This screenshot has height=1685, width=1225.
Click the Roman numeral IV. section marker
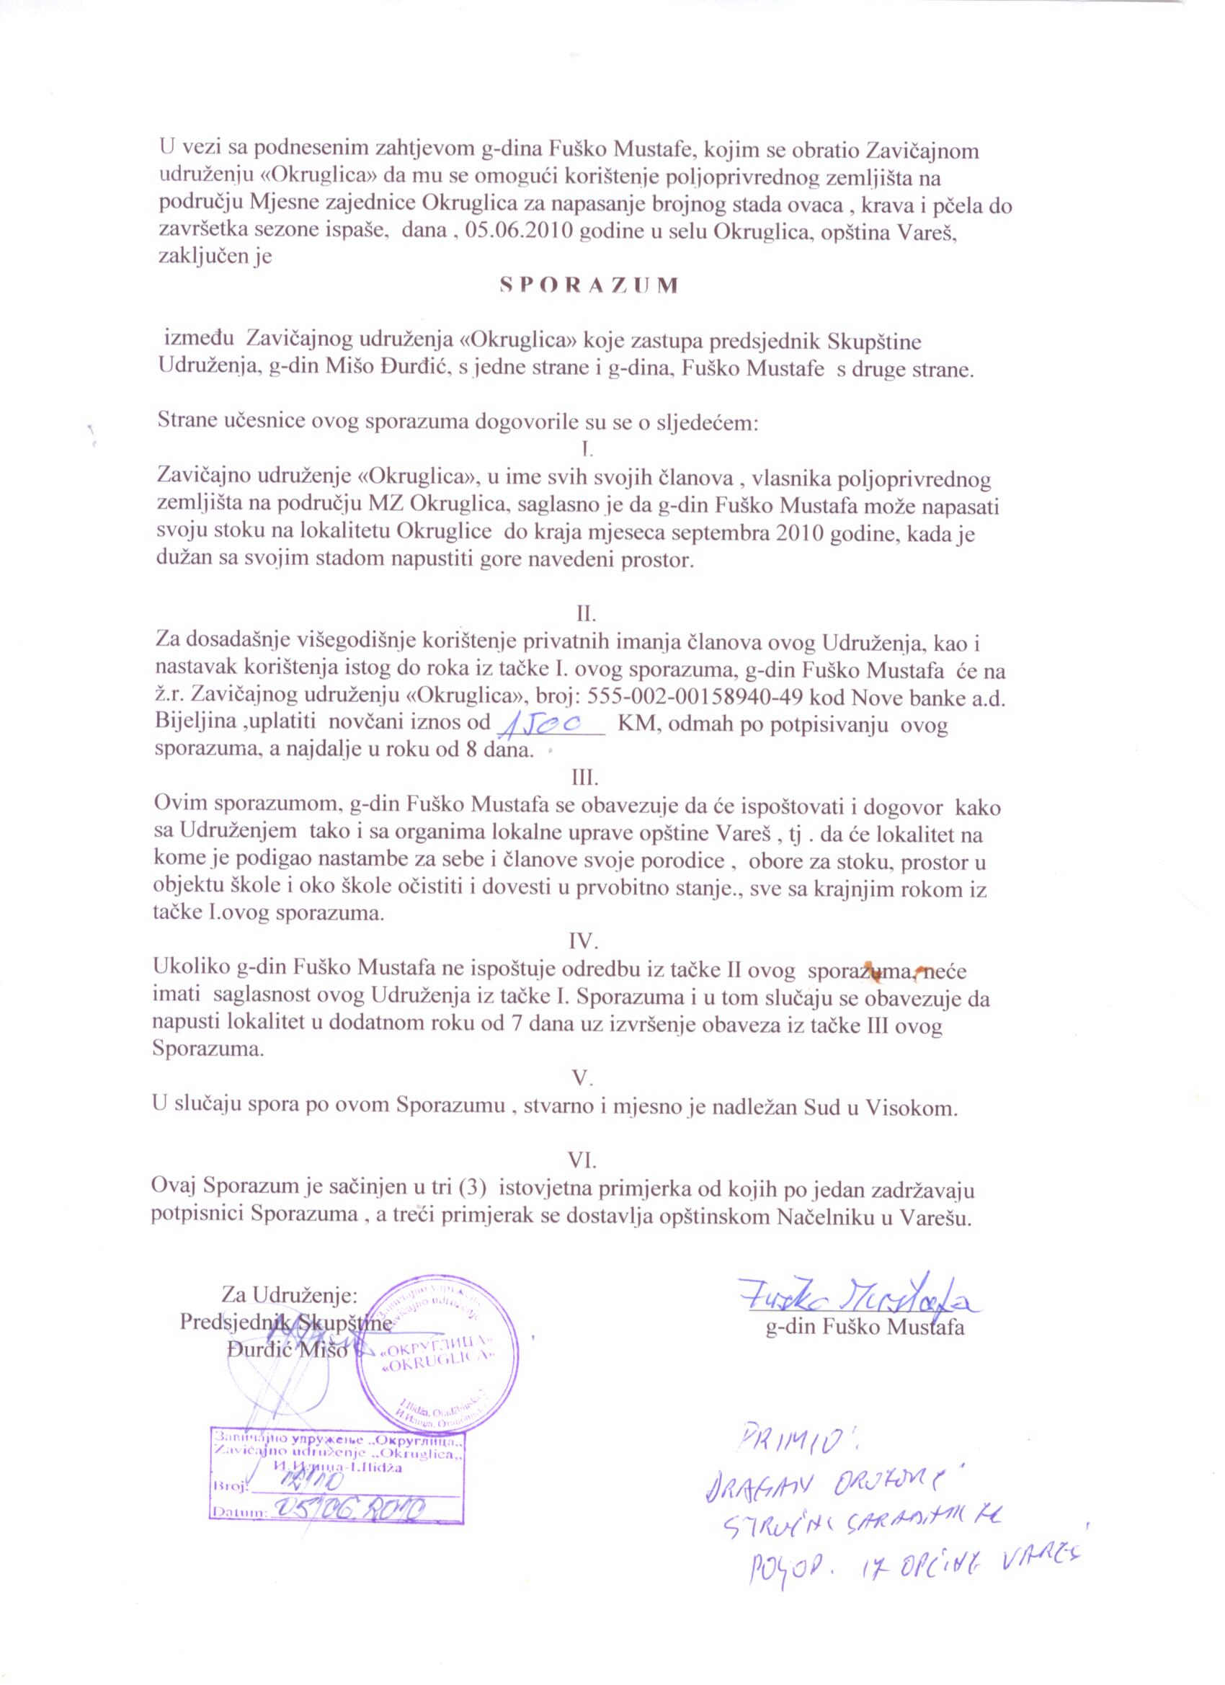[583, 942]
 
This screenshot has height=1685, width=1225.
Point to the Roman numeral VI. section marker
[582, 1160]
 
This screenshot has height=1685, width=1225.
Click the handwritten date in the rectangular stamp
[349, 1508]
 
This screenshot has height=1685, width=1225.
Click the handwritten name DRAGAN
[750, 1486]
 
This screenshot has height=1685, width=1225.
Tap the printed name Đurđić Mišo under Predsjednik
[287, 1350]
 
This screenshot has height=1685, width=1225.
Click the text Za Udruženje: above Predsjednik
[290, 1296]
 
